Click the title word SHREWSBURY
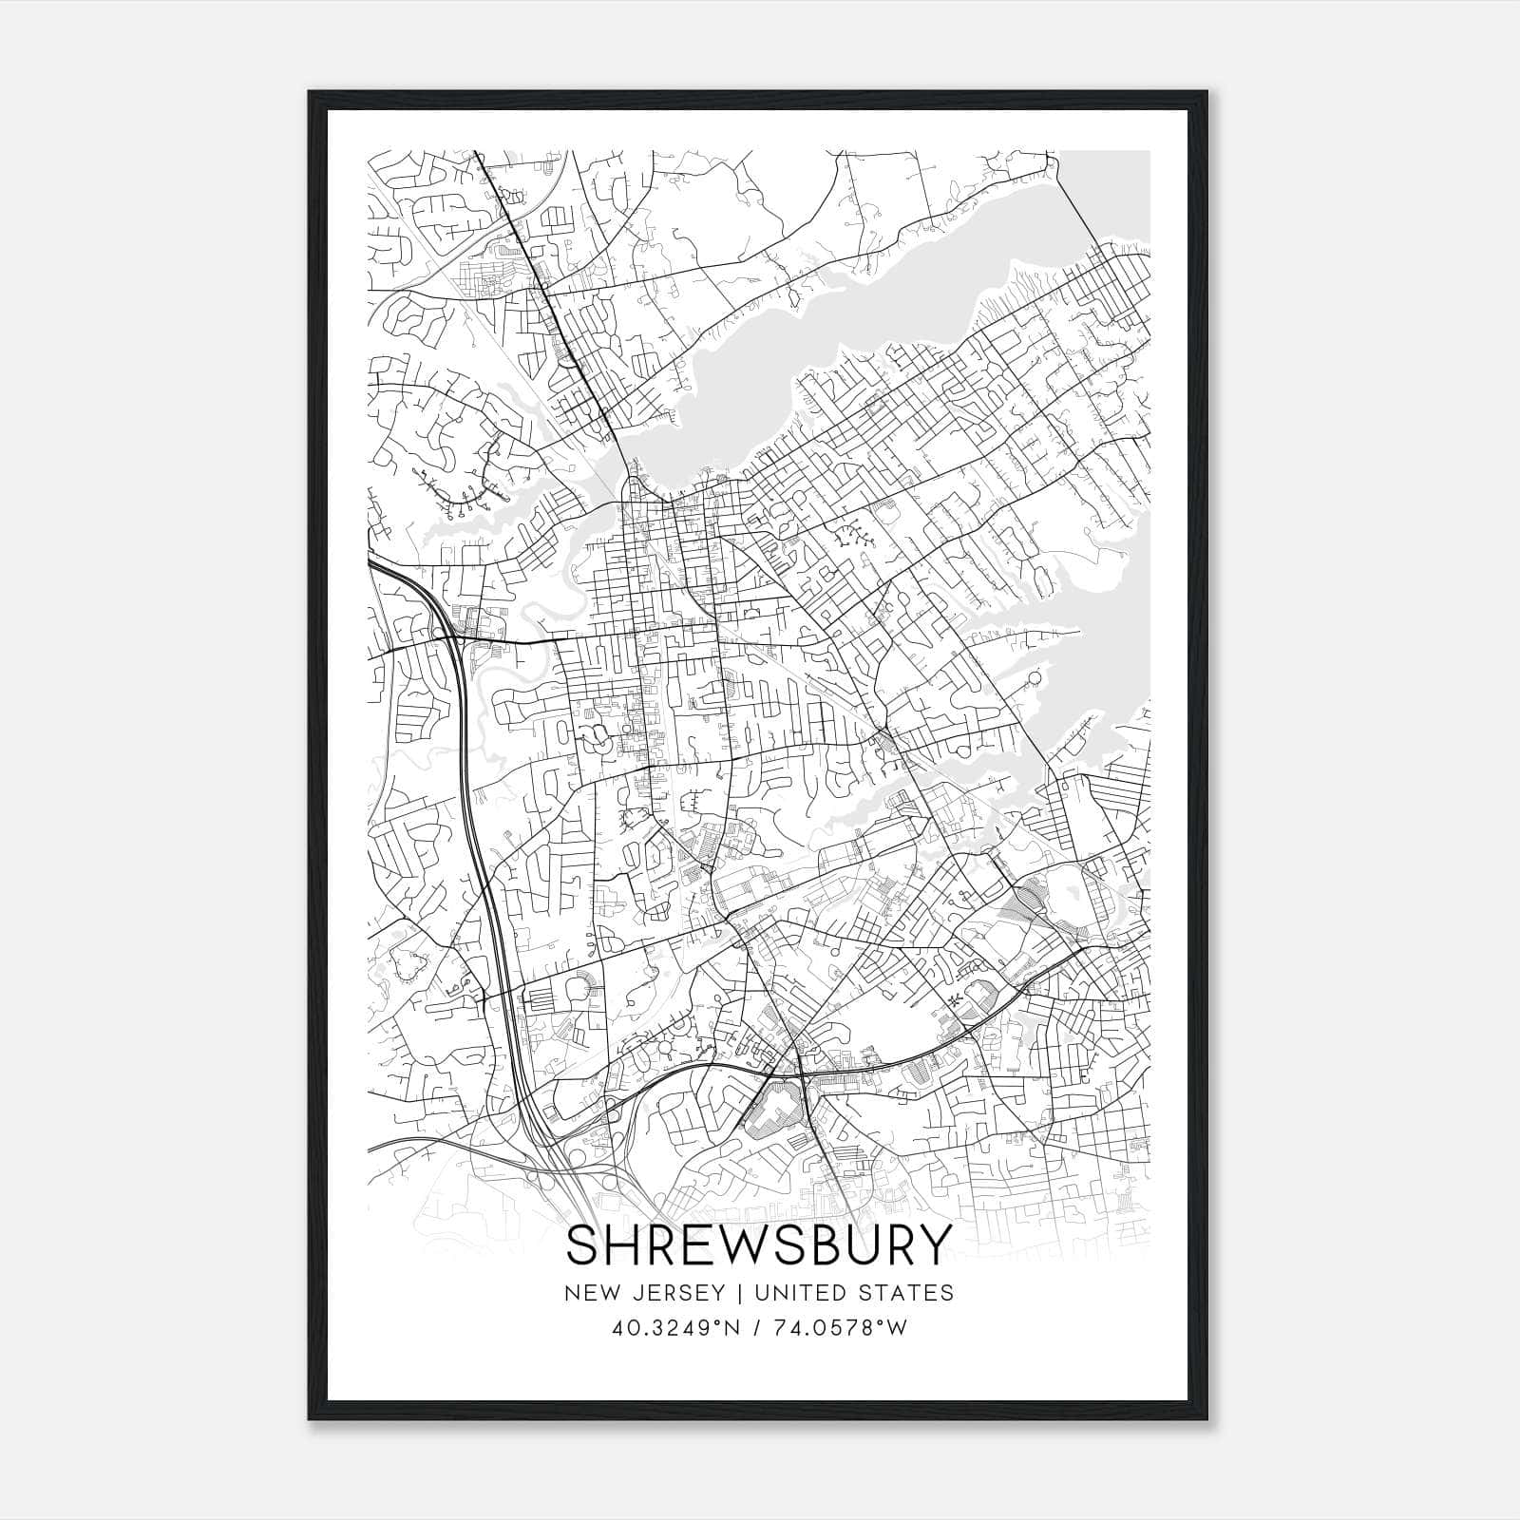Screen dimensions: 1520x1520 click(x=758, y=1245)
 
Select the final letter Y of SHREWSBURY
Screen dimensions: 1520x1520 click(x=933, y=1245)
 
